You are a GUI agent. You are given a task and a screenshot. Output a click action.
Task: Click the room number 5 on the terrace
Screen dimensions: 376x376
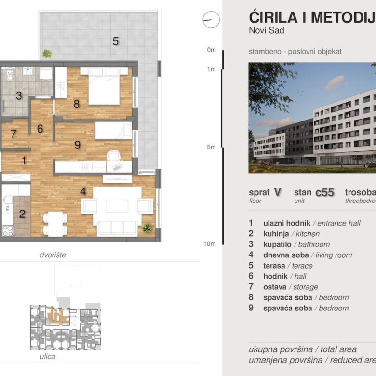coord(115,41)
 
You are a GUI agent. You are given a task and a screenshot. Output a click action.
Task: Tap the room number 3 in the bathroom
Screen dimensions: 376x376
coord(19,95)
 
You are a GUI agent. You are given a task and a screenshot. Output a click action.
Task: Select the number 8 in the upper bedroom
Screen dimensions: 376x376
coord(76,104)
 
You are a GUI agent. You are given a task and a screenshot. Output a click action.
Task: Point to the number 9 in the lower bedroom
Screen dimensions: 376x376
coord(77,145)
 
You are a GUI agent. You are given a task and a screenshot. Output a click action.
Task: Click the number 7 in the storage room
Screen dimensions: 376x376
coord(13,134)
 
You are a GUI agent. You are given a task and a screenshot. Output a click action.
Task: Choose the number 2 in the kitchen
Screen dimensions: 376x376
coord(22,214)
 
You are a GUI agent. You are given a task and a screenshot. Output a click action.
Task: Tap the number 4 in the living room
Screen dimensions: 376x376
coord(83,191)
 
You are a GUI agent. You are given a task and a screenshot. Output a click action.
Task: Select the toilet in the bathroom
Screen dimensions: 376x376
coord(10,75)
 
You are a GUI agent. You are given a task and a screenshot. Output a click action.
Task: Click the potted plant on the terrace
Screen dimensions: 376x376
coord(47,54)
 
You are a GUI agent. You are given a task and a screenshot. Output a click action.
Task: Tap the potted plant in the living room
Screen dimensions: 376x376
coord(147,228)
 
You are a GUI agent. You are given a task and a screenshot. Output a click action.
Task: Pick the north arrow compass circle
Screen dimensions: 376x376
coord(211,20)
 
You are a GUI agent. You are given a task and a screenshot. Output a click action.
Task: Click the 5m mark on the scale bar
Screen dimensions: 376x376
coord(211,147)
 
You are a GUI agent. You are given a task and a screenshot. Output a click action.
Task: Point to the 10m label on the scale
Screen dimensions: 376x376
coord(209,243)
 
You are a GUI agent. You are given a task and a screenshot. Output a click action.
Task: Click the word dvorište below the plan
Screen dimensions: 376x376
coord(53,255)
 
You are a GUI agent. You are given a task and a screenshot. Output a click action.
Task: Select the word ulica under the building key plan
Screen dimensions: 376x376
coord(47,357)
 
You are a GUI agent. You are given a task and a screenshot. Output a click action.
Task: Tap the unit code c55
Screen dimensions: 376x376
coord(324,192)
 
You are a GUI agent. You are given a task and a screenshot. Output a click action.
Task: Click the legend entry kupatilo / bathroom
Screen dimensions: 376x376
coord(296,244)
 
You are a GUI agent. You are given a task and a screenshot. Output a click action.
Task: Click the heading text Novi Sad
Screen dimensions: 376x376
coord(267,30)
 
